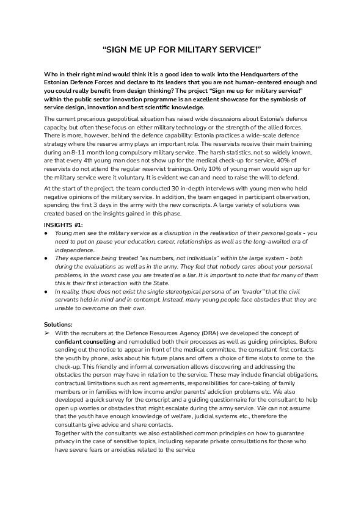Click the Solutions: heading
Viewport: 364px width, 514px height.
[x=59, y=324]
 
